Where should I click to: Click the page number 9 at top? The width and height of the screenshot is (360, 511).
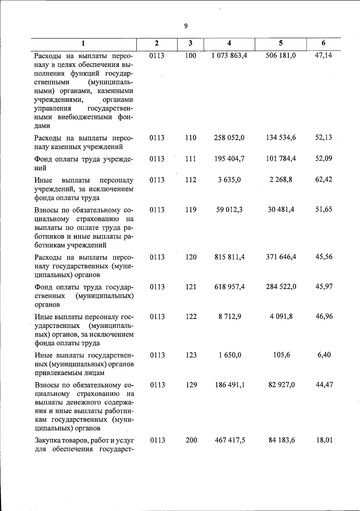(186, 26)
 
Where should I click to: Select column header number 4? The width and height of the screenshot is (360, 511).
(229, 43)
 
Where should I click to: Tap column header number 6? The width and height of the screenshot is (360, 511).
(323, 43)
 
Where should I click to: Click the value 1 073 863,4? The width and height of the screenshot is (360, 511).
(229, 56)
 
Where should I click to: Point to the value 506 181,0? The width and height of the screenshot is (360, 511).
(281, 56)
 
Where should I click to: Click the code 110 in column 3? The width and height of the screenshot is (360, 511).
(190, 138)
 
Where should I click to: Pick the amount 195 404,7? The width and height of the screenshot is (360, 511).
(229, 158)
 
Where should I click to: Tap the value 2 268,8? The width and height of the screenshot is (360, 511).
(281, 180)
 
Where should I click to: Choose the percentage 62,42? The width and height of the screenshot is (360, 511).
(324, 180)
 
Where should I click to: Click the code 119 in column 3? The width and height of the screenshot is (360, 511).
(191, 209)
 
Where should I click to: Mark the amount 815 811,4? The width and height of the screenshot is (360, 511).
(229, 257)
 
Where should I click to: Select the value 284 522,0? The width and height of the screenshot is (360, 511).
(281, 287)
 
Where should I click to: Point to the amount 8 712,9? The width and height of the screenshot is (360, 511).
(230, 316)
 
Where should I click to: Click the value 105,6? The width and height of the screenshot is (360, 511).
(281, 355)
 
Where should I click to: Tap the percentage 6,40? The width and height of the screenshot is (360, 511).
(324, 355)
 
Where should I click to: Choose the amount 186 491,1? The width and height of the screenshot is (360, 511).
(230, 385)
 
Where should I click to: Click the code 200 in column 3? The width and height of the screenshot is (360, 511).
(191, 440)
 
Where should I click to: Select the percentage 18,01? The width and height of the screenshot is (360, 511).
(324, 440)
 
